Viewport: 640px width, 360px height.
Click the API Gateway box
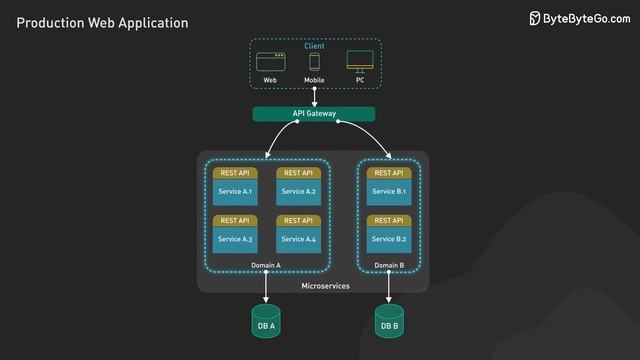pyautogui.click(x=314, y=114)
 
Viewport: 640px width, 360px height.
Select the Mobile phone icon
pyautogui.click(x=314, y=61)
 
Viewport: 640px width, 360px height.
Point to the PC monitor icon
pyautogui.click(x=359, y=61)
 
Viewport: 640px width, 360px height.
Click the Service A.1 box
pyautogui.click(x=235, y=191)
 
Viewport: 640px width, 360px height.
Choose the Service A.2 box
pyautogui.click(x=298, y=191)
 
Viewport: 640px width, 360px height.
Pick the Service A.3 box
pyautogui.click(x=235, y=239)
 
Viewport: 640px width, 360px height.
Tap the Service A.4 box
pyautogui.click(x=298, y=239)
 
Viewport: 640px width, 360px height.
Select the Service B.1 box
pyautogui.click(x=389, y=191)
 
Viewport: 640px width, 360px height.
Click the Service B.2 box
pyautogui.click(x=389, y=239)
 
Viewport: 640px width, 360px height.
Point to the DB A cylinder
pyautogui.click(x=266, y=322)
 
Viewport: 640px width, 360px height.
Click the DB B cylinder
pyautogui.click(x=389, y=322)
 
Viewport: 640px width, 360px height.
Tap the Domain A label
pyautogui.click(x=266, y=265)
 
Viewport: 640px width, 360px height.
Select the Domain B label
pyautogui.click(x=389, y=265)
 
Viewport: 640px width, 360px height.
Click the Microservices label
pyautogui.click(x=325, y=287)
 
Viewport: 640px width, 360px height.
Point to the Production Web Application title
pyautogui.click(x=102, y=22)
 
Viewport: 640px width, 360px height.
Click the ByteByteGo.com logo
pyautogui.click(x=580, y=19)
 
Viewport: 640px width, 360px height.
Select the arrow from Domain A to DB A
pyautogui.click(x=266, y=289)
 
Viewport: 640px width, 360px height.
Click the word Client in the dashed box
pyautogui.click(x=314, y=47)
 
